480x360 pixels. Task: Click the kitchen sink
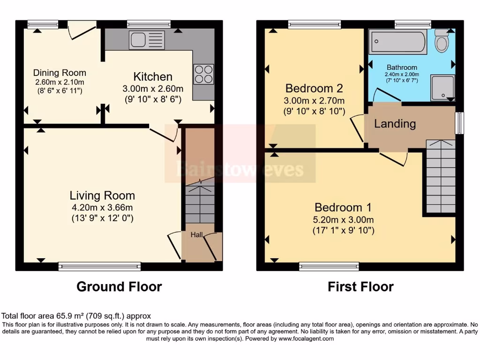[147, 40]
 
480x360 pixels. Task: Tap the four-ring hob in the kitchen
[203, 74]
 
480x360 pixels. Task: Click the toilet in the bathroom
[442, 41]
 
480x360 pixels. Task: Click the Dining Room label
[60, 73]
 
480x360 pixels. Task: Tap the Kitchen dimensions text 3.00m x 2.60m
[153, 89]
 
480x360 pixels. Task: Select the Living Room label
[102, 195]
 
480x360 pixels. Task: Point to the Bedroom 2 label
[315, 88]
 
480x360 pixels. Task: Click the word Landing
[395, 124]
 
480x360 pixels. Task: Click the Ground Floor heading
[119, 286]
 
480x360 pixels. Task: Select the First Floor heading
[360, 286]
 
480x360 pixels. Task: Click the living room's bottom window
[99, 267]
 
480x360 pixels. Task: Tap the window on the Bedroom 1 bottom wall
[329, 267]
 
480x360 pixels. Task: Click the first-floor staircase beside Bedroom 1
[441, 178]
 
